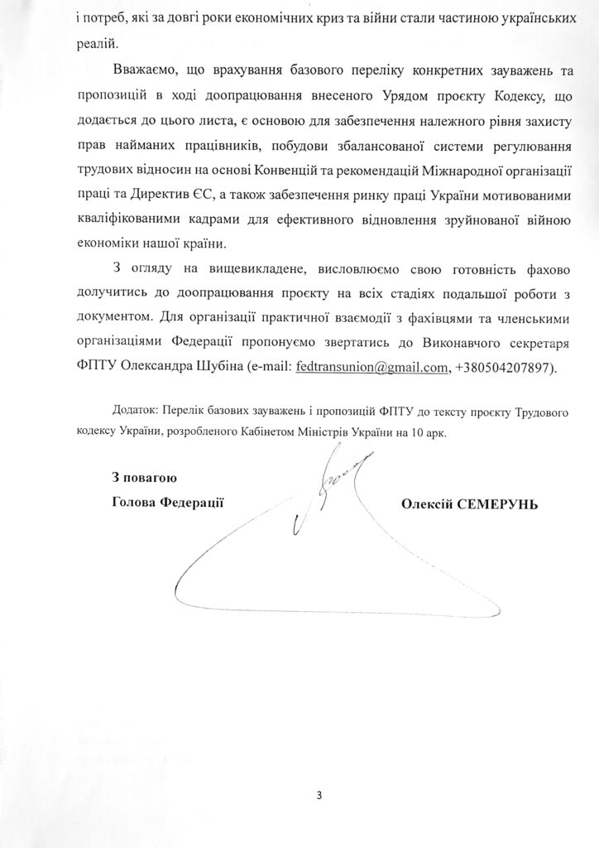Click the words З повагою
[x=145, y=478]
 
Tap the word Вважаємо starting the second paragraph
[x=139, y=71]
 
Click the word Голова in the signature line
[x=132, y=503]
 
